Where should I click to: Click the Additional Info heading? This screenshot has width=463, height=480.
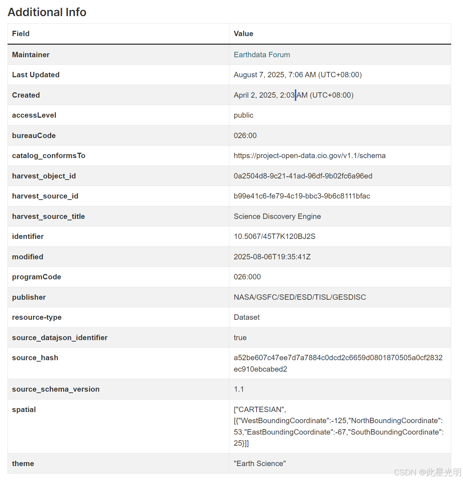(x=47, y=12)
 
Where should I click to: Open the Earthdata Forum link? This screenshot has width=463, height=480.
(x=262, y=55)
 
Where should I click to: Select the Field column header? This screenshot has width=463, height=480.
(x=21, y=34)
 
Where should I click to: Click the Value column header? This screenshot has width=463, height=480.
(x=243, y=34)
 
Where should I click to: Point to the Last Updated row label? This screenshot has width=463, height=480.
(x=36, y=75)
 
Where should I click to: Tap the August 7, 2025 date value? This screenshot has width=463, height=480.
(x=297, y=75)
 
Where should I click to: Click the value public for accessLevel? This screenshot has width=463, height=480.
(x=243, y=115)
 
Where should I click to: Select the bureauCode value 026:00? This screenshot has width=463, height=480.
(x=245, y=136)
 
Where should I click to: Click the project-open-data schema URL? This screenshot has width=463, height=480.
(x=310, y=156)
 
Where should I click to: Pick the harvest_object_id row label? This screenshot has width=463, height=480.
(x=44, y=176)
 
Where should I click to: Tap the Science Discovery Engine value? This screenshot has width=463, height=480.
(x=277, y=216)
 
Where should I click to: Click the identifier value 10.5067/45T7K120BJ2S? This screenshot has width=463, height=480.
(x=274, y=236)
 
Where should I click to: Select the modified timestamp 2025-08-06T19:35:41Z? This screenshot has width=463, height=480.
(x=272, y=257)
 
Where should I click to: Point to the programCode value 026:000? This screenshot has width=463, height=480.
(x=247, y=277)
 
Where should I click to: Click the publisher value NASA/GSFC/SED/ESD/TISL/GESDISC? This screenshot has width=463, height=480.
(x=299, y=297)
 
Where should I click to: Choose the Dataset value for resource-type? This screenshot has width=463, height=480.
(x=247, y=317)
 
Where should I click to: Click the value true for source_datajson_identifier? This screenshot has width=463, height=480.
(x=240, y=338)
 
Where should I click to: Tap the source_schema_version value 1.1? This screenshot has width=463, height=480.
(x=239, y=389)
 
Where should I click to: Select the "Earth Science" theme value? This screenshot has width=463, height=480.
(x=259, y=464)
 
